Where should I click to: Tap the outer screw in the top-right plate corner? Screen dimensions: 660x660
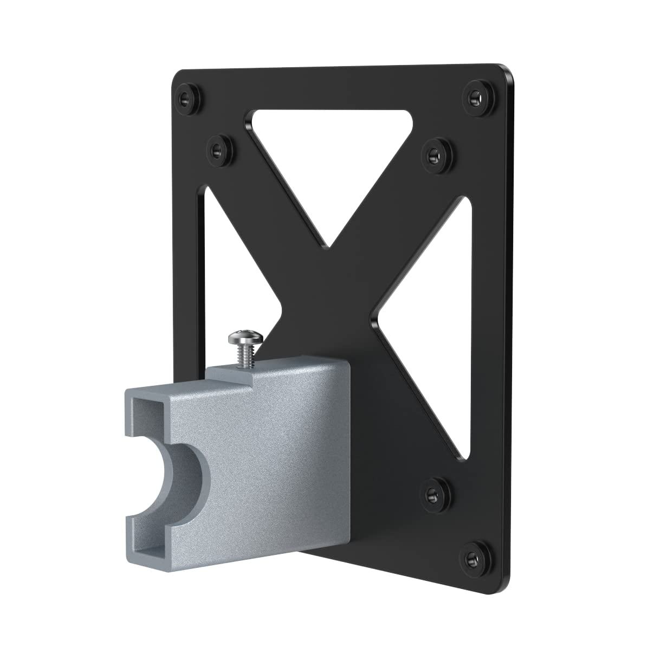pos(476,95)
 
